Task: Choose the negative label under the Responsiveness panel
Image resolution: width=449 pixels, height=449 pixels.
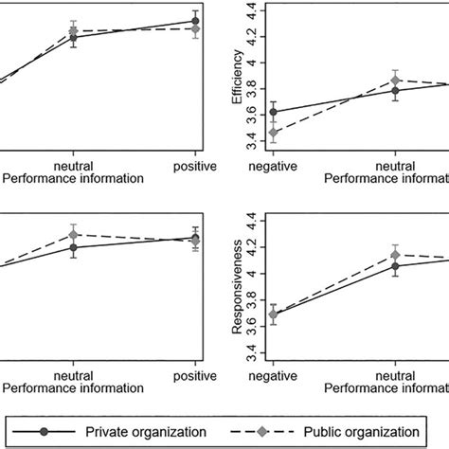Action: [274, 375]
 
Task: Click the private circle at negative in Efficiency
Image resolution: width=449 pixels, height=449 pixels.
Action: [274, 112]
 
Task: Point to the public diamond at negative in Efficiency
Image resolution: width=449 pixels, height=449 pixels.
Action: [274, 133]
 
